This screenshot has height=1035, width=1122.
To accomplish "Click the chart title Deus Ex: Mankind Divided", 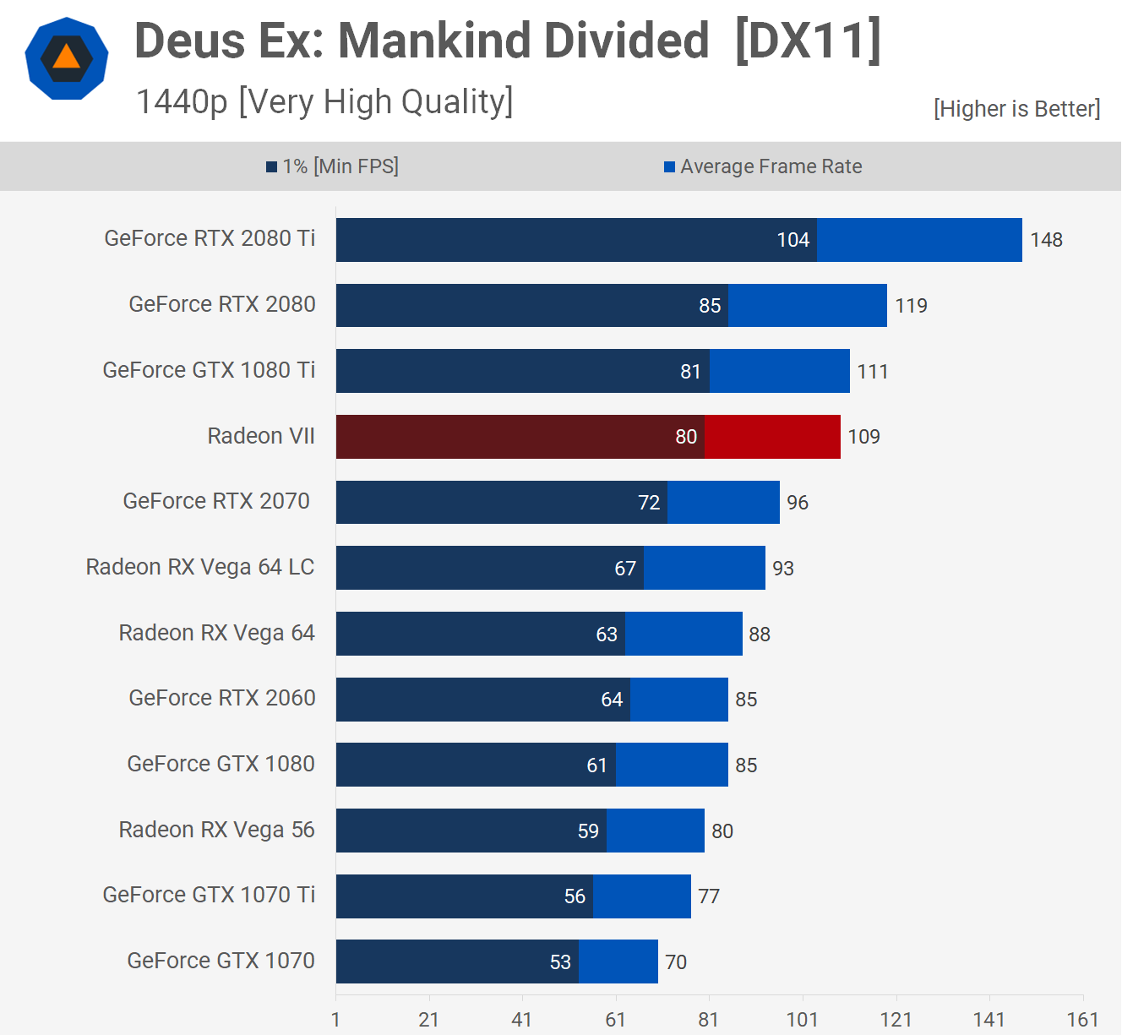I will tap(422, 41).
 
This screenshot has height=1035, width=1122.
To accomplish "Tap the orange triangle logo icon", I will tap(66, 58).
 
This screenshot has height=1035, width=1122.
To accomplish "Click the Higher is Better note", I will tap(1016, 109).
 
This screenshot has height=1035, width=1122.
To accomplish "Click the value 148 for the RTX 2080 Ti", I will tap(1046, 240).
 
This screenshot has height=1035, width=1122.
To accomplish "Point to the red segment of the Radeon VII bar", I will tap(772, 437).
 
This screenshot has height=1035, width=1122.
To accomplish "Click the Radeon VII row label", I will tap(261, 436).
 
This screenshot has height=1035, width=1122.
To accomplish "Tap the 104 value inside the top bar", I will tap(792, 240).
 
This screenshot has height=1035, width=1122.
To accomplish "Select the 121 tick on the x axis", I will tap(896, 1020).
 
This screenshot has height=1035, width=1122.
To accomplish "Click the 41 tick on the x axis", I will tap(522, 1020).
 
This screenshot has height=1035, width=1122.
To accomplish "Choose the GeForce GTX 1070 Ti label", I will tap(209, 895).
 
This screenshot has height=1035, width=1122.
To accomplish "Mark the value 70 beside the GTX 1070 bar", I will tap(676, 962).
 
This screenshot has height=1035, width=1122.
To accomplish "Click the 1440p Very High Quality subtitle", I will tap(324, 102).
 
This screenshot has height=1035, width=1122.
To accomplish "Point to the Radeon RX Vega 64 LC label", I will tap(200, 567).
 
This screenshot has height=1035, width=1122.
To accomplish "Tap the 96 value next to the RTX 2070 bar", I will tap(798, 503).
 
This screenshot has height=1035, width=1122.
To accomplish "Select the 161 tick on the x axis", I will tap(1082, 1020).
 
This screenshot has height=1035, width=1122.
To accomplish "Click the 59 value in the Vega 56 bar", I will tap(588, 831).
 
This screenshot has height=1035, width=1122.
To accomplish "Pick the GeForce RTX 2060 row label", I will tap(222, 698).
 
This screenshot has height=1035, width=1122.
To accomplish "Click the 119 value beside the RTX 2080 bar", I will tap(912, 306).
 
